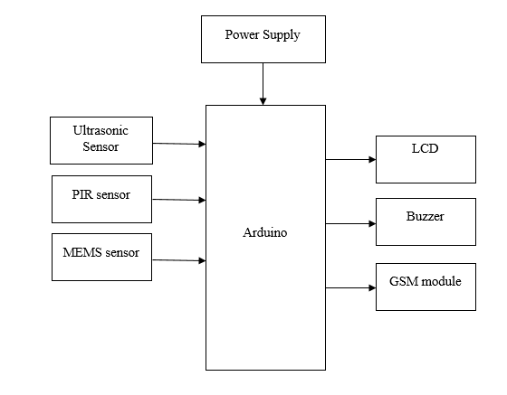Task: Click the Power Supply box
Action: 263,39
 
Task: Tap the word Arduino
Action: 264,232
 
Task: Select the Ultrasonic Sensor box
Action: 101,140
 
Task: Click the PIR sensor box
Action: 101,199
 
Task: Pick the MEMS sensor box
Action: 101,257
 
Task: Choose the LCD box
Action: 426,159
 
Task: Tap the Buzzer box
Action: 426,221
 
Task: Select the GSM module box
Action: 426,287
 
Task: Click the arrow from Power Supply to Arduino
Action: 263,84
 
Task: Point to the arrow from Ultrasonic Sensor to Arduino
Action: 179,144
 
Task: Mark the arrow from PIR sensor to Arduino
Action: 179,200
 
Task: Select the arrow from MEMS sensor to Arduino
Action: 179,260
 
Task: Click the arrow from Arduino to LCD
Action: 350,159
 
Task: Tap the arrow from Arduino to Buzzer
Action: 350,223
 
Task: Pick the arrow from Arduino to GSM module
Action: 350,287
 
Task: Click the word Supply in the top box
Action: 282,35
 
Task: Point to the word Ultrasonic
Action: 100,130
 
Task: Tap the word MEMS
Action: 82,252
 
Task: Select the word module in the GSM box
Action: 442,281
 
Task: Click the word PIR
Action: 82,194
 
